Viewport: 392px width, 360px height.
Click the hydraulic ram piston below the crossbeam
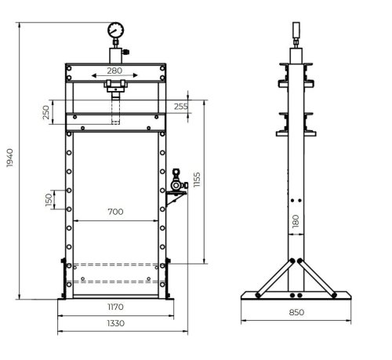(116, 106)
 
